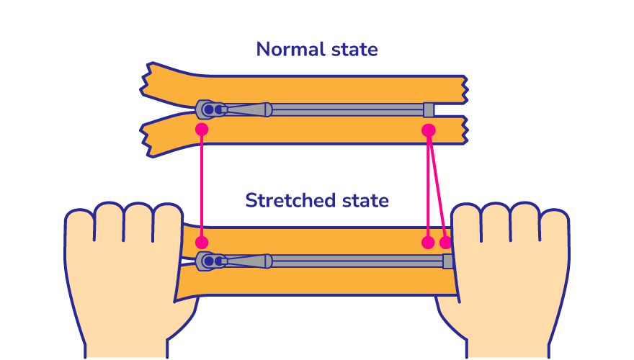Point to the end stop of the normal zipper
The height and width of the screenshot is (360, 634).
(x=429, y=109)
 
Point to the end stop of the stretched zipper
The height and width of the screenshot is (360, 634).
(x=448, y=261)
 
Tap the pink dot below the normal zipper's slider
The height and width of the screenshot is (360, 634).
(x=202, y=130)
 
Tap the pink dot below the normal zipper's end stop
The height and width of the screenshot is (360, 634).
(x=429, y=130)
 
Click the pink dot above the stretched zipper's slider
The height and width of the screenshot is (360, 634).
(x=202, y=242)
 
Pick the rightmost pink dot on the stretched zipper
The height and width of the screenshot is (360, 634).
(x=446, y=242)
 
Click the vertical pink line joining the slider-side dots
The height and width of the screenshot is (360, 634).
(x=202, y=186)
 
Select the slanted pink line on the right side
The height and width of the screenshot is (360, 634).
(x=437, y=186)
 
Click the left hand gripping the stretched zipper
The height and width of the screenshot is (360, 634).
(x=122, y=274)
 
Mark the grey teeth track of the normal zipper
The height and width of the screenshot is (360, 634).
(x=346, y=109)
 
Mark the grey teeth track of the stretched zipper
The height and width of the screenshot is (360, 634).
(x=357, y=261)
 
